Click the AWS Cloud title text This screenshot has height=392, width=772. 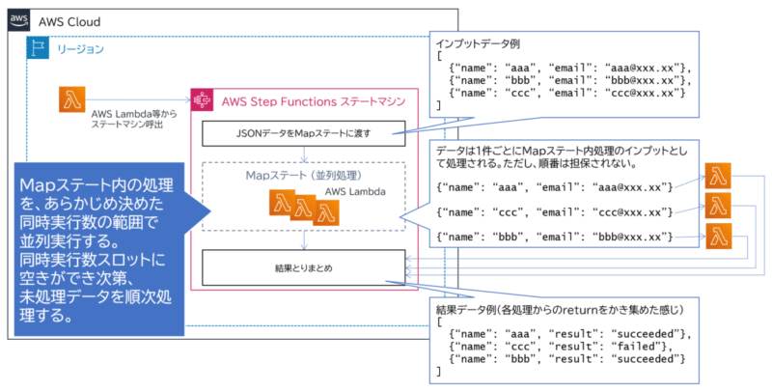tap(69, 21)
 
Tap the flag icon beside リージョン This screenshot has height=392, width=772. tap(40, 48)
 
